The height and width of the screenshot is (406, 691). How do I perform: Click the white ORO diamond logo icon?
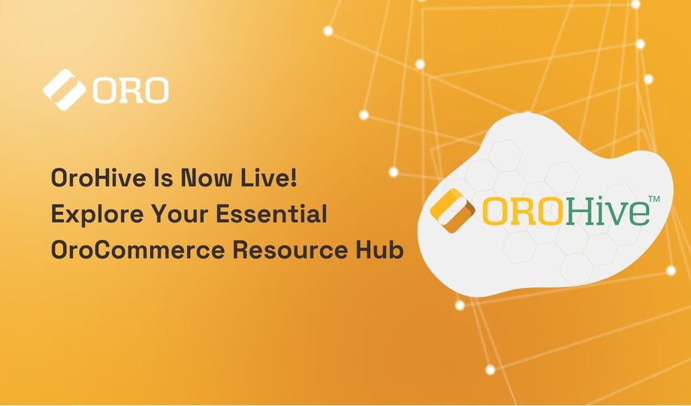point(65,89)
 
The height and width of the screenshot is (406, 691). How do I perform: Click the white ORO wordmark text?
point(131,90)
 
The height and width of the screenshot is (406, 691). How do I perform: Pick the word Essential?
point(271,214)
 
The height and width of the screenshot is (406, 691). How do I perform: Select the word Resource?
point(284,250)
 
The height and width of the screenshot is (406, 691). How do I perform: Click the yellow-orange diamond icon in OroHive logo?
point(452,211)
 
